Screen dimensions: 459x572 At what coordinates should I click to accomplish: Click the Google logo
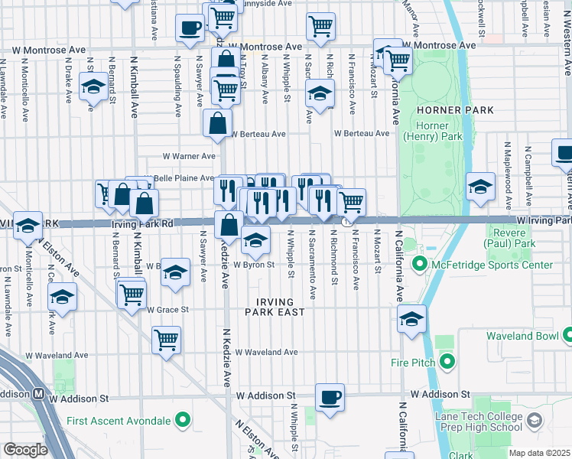pos(25,449)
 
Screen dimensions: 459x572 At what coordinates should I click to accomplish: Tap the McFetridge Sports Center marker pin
pos(419,265)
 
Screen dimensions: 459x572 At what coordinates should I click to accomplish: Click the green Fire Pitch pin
pos(445,362)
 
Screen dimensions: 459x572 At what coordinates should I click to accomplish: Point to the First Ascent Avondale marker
pos(182,420)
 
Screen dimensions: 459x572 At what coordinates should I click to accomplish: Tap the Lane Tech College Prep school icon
pos(534,420)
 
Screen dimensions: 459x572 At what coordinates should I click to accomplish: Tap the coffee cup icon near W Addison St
pos(330,396)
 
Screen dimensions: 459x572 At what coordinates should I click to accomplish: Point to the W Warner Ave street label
pos(189,156)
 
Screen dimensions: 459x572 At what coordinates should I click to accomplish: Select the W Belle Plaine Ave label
pos(184,178)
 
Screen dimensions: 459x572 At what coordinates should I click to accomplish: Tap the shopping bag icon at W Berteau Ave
pos(218,122)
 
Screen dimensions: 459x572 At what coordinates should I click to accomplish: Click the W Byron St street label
pos(252,265)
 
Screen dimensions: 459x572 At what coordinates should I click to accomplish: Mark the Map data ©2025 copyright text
pos(538,453)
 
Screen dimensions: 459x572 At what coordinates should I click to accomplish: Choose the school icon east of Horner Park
pos(479,187)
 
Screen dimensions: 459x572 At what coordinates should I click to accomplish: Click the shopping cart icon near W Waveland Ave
pos(166,340)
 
